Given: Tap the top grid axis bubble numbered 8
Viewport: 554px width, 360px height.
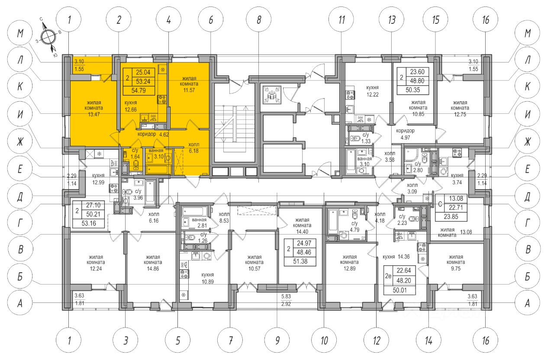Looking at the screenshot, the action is [x=259, y=19].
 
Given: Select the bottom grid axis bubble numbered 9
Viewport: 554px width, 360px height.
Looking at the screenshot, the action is [x=277, y=341].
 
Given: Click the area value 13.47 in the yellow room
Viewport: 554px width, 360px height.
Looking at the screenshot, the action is [x=94, y=115].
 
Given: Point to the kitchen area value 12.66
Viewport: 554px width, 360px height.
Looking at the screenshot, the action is [x=131, y=109].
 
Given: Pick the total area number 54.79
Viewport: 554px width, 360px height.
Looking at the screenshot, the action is [x=138, y=90].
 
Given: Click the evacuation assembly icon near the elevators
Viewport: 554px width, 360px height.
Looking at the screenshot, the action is [x=272, y=94].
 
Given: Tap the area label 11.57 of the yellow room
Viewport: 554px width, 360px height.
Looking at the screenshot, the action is [x=189, y=90].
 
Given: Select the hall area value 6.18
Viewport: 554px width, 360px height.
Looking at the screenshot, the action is [x=193, y=151].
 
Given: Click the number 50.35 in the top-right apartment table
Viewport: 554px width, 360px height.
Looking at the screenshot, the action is [x=412, y=90].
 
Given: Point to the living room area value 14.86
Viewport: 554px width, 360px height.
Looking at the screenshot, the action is [x=153, y=269].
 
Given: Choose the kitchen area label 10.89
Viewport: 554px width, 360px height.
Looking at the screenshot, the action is [x=207, y=282].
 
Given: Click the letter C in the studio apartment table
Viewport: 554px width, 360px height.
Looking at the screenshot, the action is [x=440, y=204].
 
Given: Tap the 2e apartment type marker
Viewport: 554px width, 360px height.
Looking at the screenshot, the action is [x=388, y=276].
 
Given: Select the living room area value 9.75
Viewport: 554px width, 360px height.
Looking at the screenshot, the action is [x=456, y=269].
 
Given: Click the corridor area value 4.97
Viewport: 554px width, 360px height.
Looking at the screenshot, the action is [x=405, y=138].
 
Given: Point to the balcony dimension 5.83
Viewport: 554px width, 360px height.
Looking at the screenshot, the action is [x=286, y=296].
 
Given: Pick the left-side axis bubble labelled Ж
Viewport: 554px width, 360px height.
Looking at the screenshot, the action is [x=20, y=141].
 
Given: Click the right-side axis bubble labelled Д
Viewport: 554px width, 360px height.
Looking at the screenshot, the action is [x=527, y=196].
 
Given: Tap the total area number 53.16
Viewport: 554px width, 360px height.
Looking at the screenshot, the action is [x=89, y=223].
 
